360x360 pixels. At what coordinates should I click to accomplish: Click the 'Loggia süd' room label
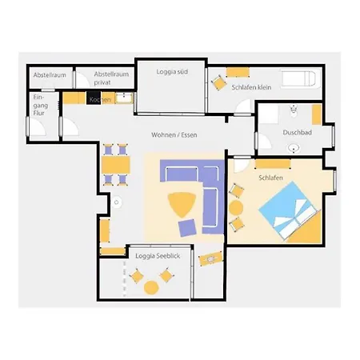pos(172,72)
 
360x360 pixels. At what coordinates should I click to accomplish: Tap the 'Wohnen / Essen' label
pos(174,135)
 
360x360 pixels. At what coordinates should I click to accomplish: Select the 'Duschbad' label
pos(297,132)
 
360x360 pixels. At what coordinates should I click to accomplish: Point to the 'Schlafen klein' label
pos(251,87)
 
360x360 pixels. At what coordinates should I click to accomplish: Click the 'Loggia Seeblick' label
pos(158,256)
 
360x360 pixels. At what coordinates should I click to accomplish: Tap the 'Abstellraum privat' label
pos(111,78)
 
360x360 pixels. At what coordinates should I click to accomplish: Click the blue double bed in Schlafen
pos(290,210)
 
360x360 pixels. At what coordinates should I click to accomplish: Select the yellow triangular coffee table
pos(182,204)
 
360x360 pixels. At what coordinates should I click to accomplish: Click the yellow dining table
pos(116,165)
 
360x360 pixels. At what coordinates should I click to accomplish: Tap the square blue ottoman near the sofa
pos(187,228)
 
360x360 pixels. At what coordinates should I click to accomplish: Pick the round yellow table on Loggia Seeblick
pos(151,288)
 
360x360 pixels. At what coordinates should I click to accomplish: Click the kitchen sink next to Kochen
pos(124,98)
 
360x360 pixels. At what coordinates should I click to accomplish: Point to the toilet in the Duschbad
pos(294,111)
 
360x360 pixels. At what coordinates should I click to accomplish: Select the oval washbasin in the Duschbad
pos(294,148)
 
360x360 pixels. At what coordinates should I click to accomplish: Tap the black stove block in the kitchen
pos(94,98)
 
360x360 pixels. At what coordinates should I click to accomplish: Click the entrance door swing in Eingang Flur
pos(37,127)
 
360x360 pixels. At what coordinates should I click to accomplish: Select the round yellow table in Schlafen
pos(236,208)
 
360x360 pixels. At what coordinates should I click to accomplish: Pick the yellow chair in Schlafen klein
pos(219,82)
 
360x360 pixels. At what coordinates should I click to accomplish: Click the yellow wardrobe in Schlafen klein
pos(238,72)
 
